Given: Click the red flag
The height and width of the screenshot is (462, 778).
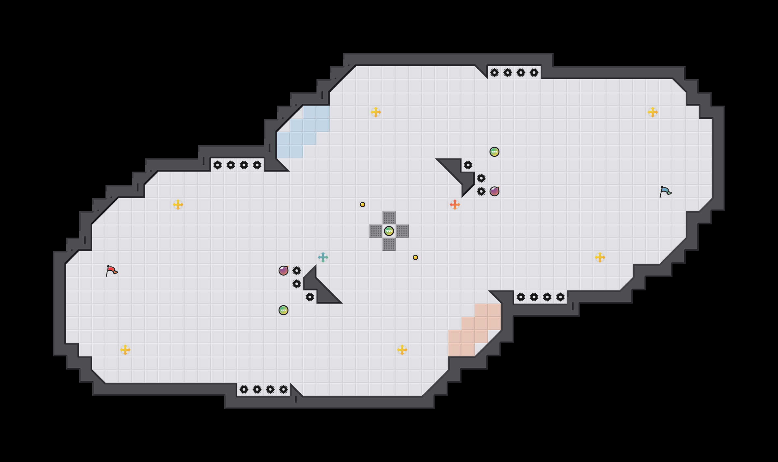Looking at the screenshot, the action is [x=111, y=271].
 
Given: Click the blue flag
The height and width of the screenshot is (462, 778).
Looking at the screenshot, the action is [x=665, y=191].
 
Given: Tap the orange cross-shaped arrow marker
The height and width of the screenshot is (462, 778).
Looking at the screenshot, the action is [x=455, y=205].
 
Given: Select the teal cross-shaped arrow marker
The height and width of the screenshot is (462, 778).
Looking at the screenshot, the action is [x=323, y=257].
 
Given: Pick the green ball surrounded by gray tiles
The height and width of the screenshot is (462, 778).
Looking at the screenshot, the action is [x=389, y=231].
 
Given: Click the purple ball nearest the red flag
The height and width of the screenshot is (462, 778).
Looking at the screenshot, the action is [x=284, y=271].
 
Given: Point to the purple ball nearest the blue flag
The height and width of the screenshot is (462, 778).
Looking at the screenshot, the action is [x=494, y=191].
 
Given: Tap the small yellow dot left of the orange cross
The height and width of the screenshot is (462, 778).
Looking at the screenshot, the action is [x=363, y=205].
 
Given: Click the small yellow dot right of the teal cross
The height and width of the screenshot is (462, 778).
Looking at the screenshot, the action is [x=415, y=257].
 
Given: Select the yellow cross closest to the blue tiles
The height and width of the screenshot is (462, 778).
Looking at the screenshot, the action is [x=376, y=112].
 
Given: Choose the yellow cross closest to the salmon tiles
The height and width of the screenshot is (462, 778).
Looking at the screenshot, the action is [x=402, y=350].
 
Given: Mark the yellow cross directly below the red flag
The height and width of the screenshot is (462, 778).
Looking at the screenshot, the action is [x=125, y=350].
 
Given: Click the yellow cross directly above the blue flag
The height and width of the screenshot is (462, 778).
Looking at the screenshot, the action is [x=653, y=112].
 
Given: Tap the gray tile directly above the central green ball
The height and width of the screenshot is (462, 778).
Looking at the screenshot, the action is [x=389, y=218].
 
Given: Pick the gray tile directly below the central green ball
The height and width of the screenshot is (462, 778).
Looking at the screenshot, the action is [x=389, y=244].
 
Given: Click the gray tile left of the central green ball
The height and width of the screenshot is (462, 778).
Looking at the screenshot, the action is [x=376, y=231].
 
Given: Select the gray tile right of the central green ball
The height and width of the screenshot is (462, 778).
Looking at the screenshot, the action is [x=402, y=231].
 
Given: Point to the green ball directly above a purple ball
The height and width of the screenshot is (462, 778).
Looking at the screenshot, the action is [x=494, y=152].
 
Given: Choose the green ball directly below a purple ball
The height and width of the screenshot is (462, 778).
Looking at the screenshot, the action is [x=284, y=310].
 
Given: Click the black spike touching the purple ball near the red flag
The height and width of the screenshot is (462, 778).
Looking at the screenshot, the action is [x=297, y=271].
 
